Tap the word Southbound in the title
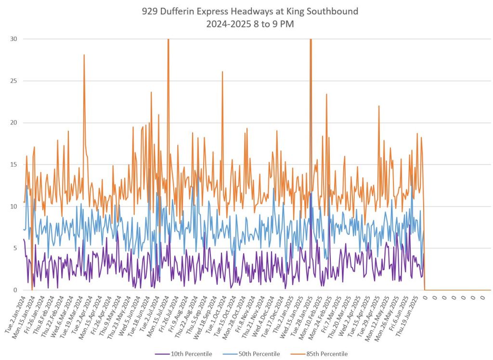tap(333, 11)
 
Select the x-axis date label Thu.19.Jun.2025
tap(407, 315)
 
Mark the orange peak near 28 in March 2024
tap(84, 55)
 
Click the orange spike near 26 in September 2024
tap(222, 72)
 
